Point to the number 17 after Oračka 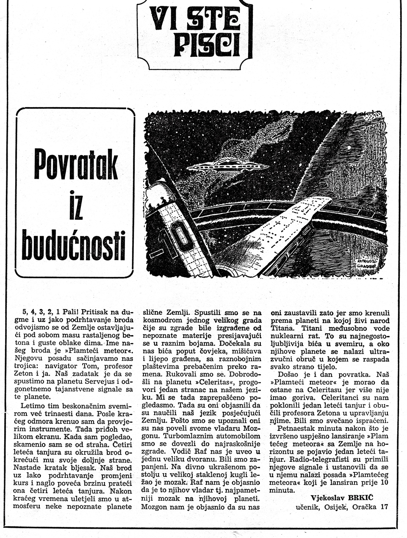[384, 506]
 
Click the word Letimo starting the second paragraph [32, 406]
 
